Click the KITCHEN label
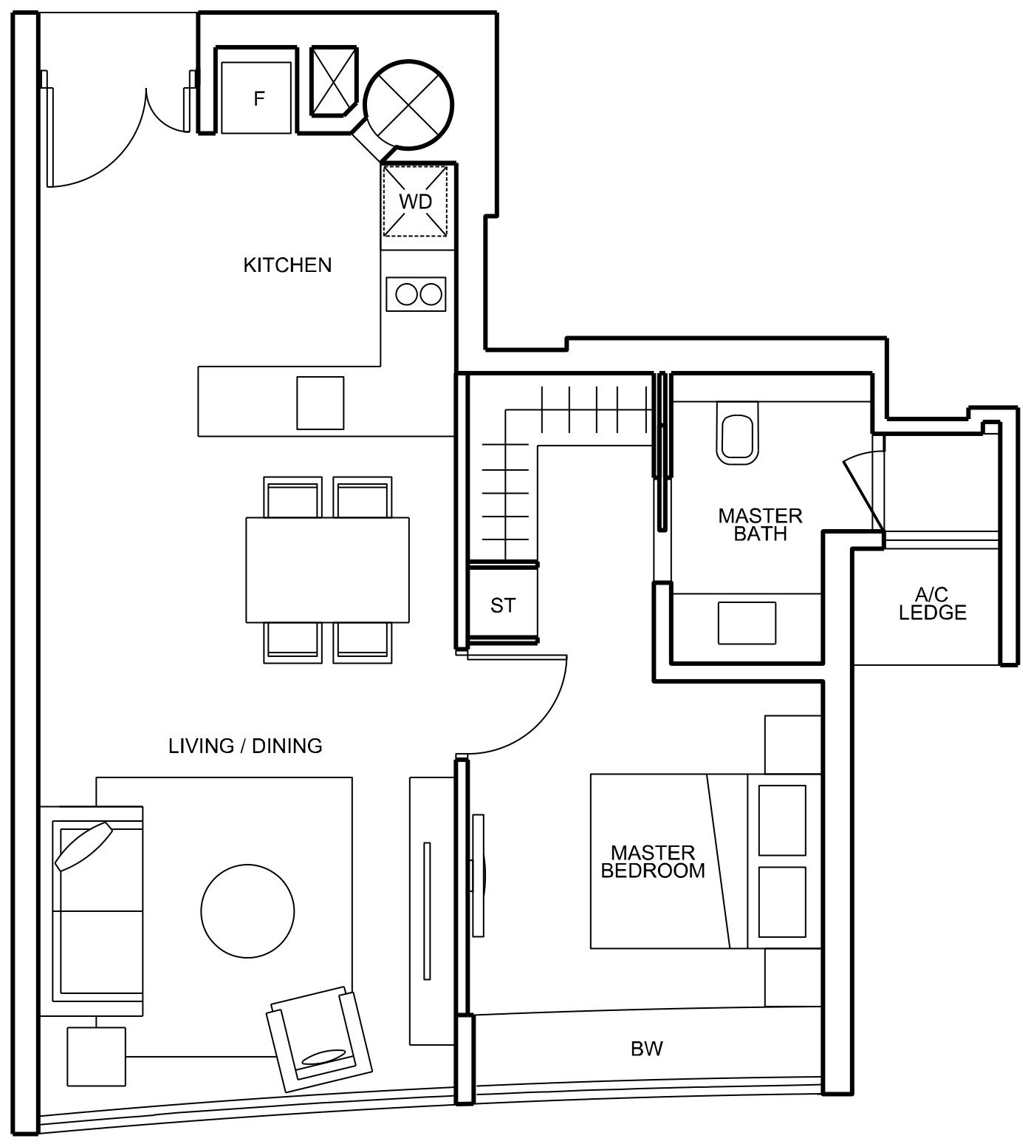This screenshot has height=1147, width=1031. (x=287, y=265)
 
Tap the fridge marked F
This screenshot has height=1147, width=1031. (x=257, y=98)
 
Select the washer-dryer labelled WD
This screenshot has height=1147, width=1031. (x=415, y=201)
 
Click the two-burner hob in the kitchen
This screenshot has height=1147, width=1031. (x=416, y=294)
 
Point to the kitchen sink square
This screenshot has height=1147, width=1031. (x=320, y=403)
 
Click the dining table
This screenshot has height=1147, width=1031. (x=327, y=570)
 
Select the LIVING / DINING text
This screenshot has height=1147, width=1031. (x=245, y=746)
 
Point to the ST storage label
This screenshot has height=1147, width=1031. (x=502, y=605)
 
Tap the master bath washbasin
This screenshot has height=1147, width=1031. (x=747, y=622)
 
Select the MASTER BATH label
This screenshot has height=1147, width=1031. (x=760, y=525)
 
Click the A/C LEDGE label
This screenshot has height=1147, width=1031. (x=932, y=603)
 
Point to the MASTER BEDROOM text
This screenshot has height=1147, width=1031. (x=653, y=862)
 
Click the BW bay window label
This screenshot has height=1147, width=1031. (x=647, y=1048)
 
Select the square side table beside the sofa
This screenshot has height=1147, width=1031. (x=96, y=1057)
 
